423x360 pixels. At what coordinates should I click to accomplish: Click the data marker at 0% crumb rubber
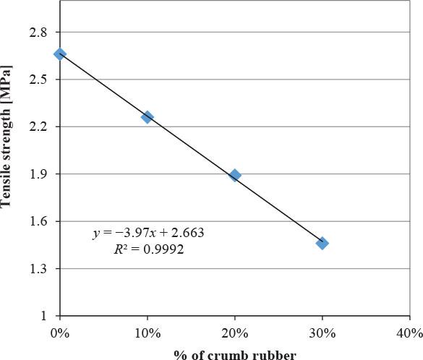click(60, 54)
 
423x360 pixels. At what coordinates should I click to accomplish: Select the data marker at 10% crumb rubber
click(148, 117)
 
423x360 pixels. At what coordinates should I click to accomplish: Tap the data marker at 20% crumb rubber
click(235, 175)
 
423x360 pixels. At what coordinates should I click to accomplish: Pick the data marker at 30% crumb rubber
click(322, 243)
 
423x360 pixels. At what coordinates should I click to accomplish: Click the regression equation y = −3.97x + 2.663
click(148, 233)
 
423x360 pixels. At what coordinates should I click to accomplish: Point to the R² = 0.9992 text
click(148, 249)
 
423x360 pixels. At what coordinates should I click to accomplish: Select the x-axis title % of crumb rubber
click(234, 353)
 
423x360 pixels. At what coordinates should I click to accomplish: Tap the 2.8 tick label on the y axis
click(38, 33)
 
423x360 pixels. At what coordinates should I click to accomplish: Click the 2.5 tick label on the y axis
click(38, 80)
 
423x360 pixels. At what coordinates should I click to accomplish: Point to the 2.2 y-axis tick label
click(38, 127)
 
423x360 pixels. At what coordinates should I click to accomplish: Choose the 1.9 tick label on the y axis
click(38, 174)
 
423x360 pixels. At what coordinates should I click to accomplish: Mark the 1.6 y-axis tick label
click(38, 222)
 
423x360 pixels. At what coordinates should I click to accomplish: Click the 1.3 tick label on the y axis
click(38, 269)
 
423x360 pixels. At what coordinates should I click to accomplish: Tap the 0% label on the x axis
click(60, 333)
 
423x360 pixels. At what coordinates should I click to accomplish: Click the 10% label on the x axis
click(148, 333)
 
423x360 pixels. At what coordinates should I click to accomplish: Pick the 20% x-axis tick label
click(235, 333)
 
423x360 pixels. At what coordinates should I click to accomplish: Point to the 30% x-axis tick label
click(322, 333)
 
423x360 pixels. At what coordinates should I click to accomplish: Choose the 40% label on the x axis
click(409, 333)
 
